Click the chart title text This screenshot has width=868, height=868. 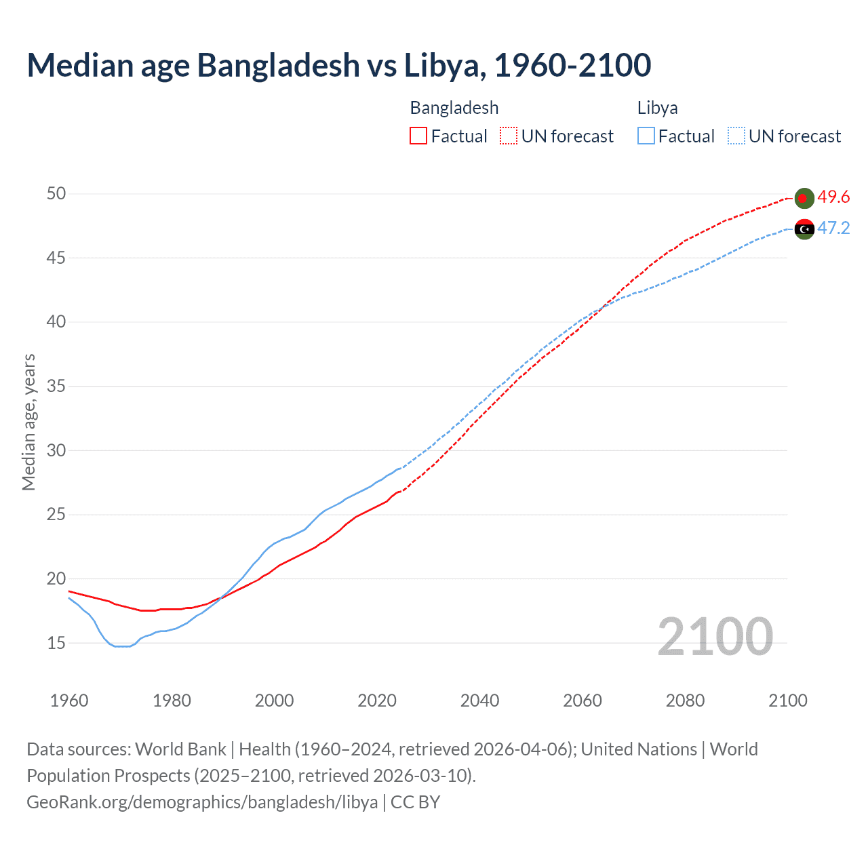click(338, 65)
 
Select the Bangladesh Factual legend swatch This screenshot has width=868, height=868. click(418, 136)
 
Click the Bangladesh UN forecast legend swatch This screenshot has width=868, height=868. click(509, 136)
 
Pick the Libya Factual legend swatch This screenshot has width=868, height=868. click(646, 136)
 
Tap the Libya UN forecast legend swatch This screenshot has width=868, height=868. click(736, 136)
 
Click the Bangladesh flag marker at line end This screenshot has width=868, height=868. click(804, 198)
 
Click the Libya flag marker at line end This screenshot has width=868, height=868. click(804, 229)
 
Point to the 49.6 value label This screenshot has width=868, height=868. click(833, 197)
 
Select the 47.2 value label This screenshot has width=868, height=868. click(833, 229)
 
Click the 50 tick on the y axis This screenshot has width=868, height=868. click(56, 194)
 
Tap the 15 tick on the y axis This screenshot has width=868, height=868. click(56, 643)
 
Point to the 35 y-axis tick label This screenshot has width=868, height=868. click(56, 387)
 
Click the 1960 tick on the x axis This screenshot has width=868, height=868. click(69, 701)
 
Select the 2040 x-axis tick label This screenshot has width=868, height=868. click(479, 701)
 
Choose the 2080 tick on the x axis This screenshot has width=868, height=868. click(685, 701)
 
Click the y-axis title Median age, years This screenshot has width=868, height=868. click(28, 422)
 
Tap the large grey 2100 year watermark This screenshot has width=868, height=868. click(715, 637)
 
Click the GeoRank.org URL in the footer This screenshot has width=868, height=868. click(202, 802)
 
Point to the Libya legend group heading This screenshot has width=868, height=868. click(657, 108)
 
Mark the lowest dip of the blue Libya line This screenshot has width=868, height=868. click(121, 646)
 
